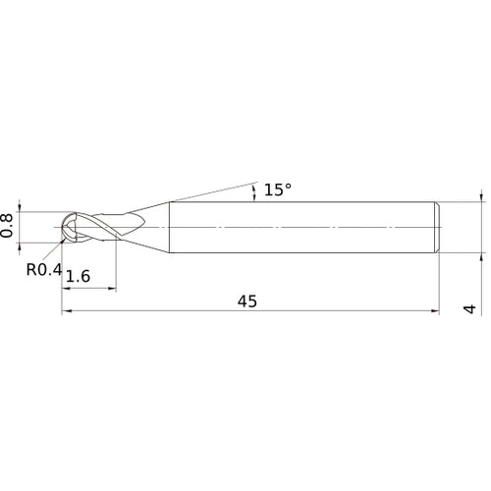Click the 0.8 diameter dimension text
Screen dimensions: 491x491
[x=9, y=226]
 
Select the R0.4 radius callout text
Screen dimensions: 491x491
[x=44, y=269]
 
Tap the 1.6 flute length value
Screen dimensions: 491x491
[x=79, y=278]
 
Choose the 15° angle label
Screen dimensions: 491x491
[x=278, y=190]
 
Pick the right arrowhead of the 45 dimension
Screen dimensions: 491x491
[x=432, y=313]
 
